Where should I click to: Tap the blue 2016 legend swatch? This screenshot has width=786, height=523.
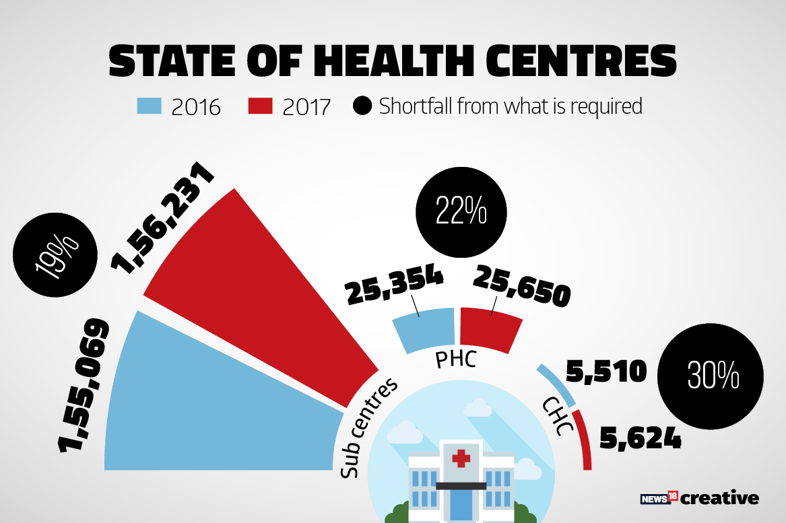[149, 106]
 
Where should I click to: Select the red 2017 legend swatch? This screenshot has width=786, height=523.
[260, 106]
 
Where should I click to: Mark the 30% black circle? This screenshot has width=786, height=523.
[713, 376]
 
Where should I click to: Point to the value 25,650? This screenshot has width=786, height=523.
[522, 285]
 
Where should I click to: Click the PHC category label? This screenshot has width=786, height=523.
[456, 359]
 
